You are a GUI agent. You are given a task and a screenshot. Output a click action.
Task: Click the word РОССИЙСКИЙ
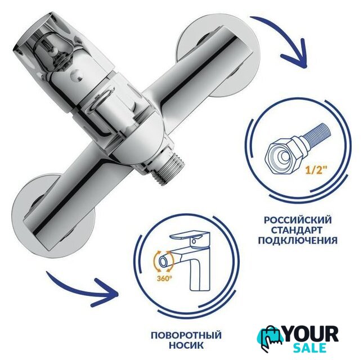coord(298,219)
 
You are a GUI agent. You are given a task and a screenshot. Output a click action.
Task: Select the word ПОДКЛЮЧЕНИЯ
coord(298,241)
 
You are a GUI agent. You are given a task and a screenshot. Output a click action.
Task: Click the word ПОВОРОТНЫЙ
coord(186,335)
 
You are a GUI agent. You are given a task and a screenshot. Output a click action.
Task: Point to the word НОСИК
coord(186,345)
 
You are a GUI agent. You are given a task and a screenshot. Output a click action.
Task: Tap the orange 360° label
coord(164,278)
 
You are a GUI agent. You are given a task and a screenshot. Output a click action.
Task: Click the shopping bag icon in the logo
coord(270,339)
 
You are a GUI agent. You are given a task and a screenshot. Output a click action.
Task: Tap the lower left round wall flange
coord(53,215)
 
